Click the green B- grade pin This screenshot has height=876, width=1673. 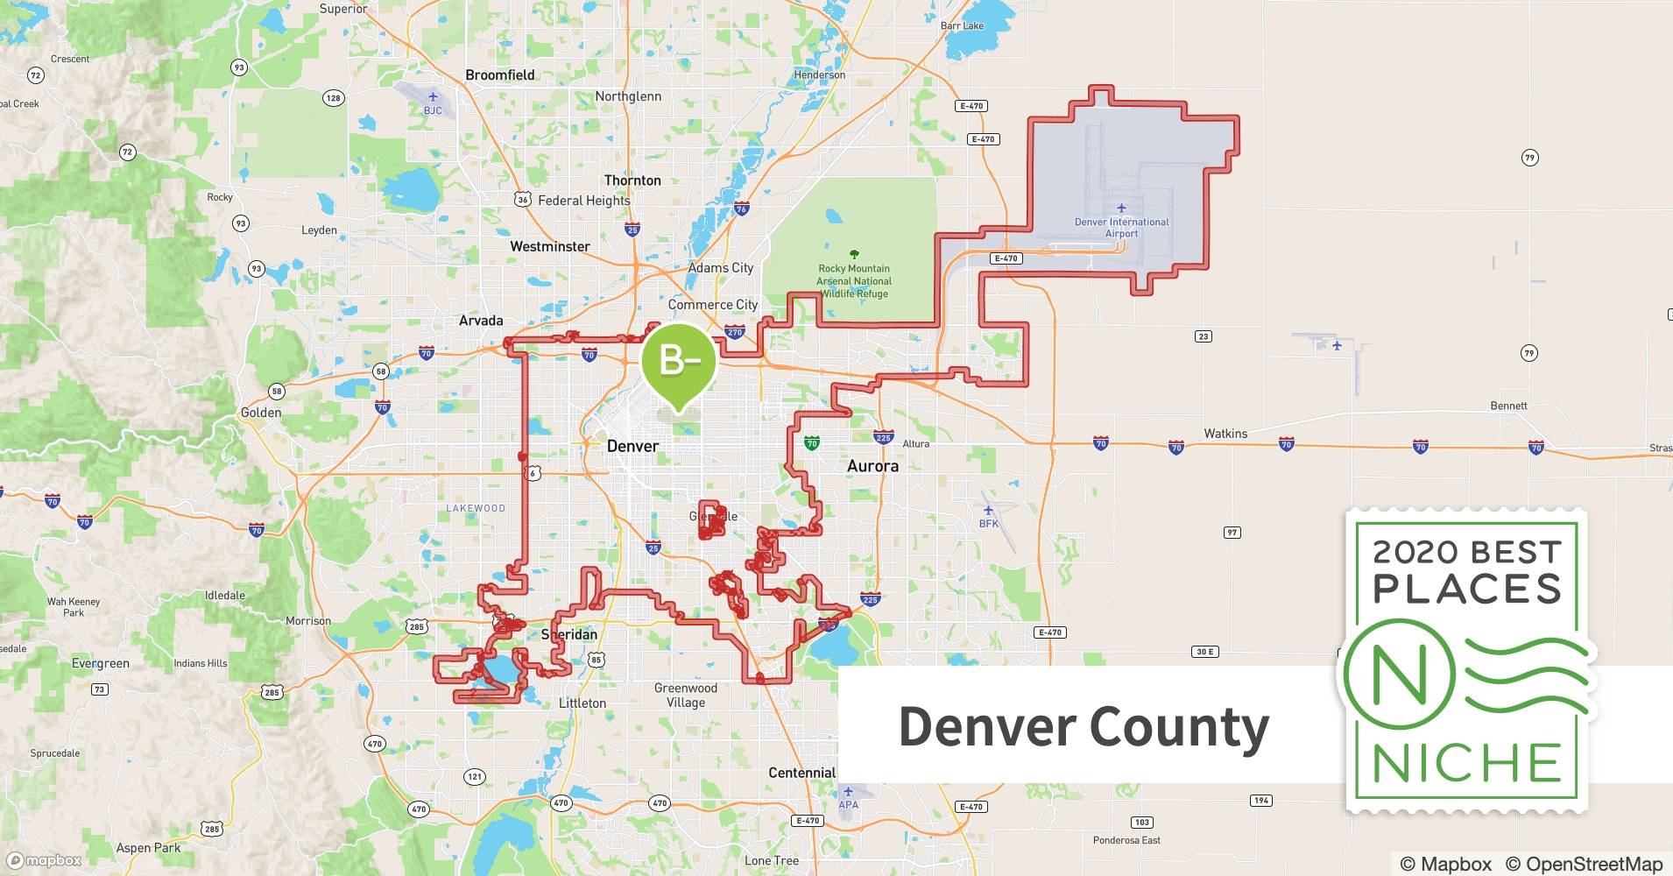[678, 360]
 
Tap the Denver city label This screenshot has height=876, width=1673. [632, 446]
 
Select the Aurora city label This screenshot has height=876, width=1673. [872, 466]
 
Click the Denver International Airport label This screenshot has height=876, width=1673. [1121, 227]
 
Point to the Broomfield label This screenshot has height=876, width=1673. [499, 75]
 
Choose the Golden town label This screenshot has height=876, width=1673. [261, 413]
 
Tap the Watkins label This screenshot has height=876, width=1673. [1225, 434]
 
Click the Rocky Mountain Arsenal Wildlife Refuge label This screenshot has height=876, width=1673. [854, 280]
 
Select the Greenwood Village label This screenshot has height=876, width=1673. [685, 695]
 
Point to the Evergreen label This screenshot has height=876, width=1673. [100, 664]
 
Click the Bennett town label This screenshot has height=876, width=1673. [1508, 406]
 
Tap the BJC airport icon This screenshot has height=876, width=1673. [433, 96]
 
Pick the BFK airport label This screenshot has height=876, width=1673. [988, 524]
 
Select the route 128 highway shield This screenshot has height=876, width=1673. [333, 98]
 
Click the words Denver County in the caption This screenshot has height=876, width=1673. [1083, 727]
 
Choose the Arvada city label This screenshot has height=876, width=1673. [481, 321]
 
